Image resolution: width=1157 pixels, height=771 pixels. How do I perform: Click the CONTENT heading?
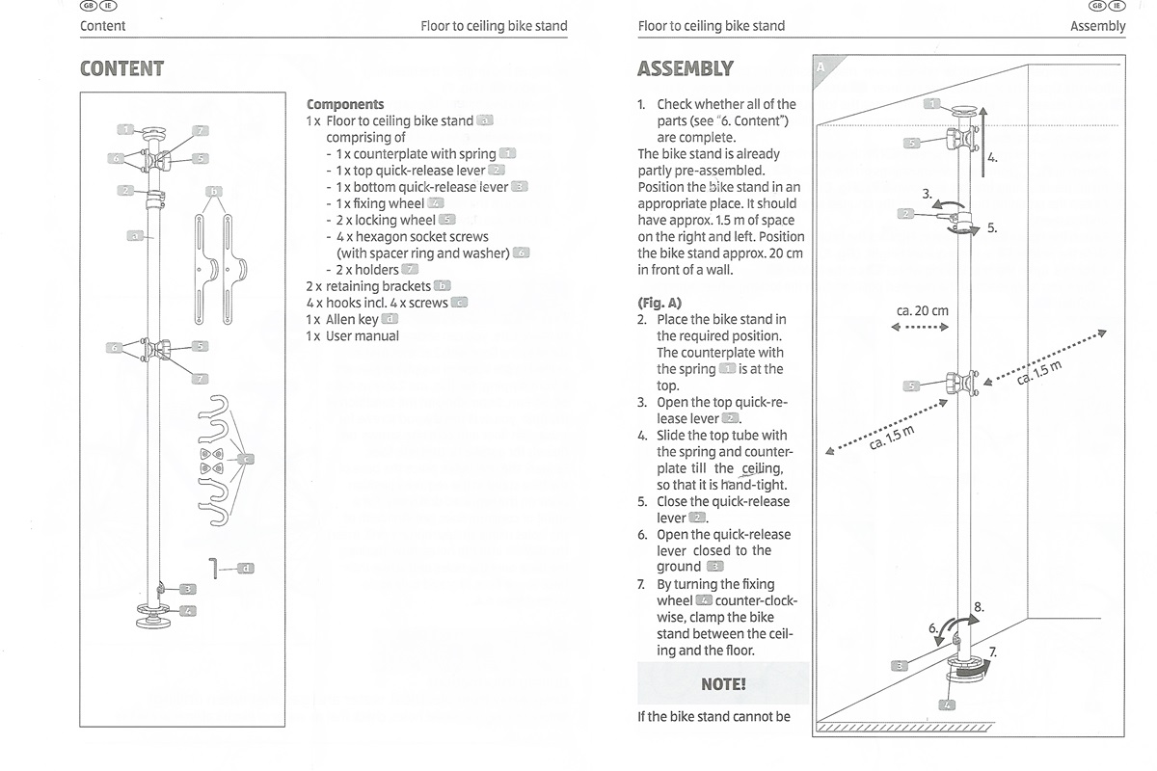coord(121,68)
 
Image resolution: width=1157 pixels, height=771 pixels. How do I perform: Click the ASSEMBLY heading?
coord(685,68)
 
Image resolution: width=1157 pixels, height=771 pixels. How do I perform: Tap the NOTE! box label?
coord(723,684)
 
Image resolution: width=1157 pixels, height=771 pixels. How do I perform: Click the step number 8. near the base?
coord(979,607)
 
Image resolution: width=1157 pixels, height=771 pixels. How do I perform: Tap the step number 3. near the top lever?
coord(928,194)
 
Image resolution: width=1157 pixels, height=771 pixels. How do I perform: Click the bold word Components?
coord(345,104)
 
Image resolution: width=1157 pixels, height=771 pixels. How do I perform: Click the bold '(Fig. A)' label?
coord(659,302)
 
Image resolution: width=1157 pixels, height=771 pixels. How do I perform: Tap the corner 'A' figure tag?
coord(821,66)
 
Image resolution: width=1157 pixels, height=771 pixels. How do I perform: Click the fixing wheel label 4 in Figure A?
coord(948,705)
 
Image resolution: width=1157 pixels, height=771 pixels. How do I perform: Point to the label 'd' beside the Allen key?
coord(246,568)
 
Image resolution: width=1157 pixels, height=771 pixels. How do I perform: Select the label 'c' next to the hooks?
coord(246,459)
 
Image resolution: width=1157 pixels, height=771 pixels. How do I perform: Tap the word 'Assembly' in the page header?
coord(1097,26)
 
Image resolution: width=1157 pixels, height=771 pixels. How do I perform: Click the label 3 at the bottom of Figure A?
coord(899,664)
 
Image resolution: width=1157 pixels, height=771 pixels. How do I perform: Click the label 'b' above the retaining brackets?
coord(214,191)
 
